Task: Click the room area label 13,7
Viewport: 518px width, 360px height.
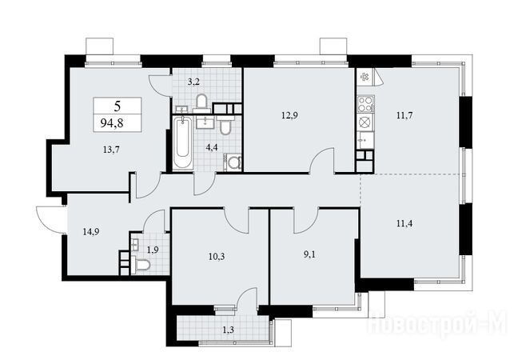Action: pos(111,150)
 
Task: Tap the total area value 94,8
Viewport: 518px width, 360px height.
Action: pos(112,124)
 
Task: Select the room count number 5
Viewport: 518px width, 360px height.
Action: pos(118,106)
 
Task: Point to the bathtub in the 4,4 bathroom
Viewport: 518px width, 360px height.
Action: pos(182,143)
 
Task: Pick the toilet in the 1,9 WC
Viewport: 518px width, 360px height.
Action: pos(142,265)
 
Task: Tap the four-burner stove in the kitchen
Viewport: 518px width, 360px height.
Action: pos(365,103)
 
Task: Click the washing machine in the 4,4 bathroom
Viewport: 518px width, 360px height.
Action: pos(233,162)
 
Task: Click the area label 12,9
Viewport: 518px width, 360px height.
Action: pos(289,116)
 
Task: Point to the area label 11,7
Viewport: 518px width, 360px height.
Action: pos(404,116)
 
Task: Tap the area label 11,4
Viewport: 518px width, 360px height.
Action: pos(404,224)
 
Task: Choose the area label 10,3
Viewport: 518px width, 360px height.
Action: pos(217,256)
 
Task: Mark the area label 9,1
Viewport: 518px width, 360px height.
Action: pos(309,255)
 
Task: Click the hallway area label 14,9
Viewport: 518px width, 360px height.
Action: pos(91,232)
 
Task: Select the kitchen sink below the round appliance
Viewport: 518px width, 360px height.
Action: pos(365,140)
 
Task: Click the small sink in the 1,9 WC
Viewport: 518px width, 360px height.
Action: pos(135,244)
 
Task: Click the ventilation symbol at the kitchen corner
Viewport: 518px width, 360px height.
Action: pos(365,77)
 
